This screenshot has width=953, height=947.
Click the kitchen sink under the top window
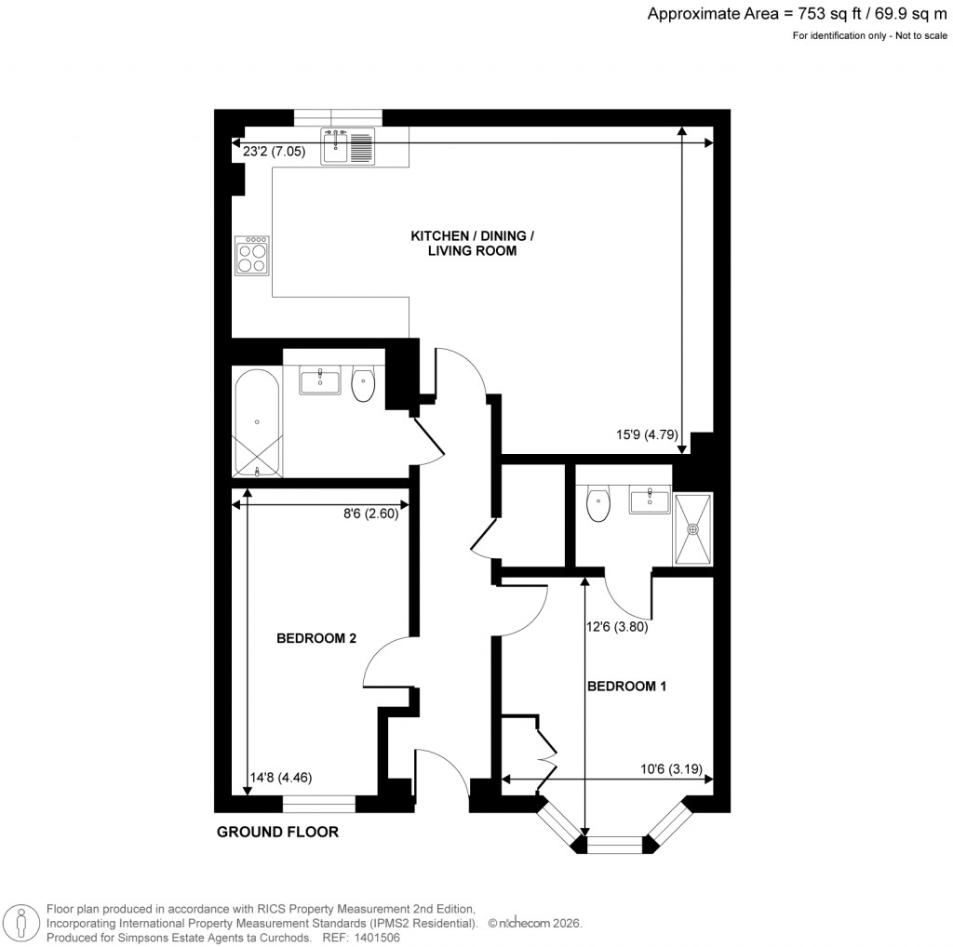pos(348,147)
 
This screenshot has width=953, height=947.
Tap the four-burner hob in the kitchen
pos(253,255)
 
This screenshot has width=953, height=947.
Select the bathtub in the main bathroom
pos(256,424)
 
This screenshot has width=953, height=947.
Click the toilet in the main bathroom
pos(363,383)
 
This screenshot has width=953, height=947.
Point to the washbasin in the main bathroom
pos(321,380)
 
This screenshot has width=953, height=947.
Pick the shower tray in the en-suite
pos(692,527)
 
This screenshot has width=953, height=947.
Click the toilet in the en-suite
pos(598,505)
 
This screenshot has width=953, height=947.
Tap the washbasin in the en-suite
pos(649,501)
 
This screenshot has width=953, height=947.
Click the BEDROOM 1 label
pos(626,687)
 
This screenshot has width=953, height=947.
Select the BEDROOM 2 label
pos(316,639)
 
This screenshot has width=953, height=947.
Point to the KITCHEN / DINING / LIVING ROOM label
pos(472,244)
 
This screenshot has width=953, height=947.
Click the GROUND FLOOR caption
pos(277,832)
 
